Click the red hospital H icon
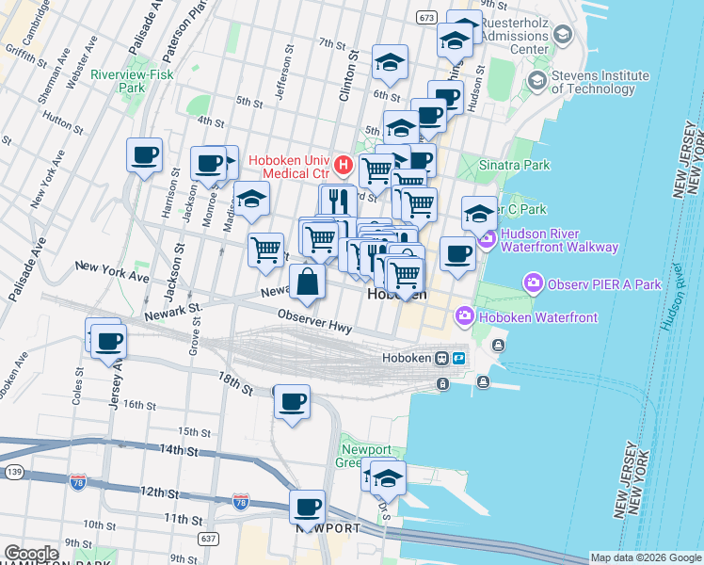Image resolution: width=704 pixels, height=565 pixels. point(344,167)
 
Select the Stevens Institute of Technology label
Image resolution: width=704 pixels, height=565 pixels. point(600,82)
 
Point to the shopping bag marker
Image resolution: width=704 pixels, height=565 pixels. point(308,281)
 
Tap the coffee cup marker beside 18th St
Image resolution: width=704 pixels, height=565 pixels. point(292,403)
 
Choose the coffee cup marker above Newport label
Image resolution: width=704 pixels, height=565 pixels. point(307,508)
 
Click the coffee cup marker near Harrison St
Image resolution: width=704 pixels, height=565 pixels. point(144,155)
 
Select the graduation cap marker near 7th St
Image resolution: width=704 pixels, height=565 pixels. point(390,62)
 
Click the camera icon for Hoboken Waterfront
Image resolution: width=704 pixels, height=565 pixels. point(464,317)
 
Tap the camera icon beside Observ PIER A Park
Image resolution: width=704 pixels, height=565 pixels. point(534,282)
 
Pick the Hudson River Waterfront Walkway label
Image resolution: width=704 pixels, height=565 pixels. point(559,241)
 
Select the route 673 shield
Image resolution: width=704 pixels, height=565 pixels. point(426,18)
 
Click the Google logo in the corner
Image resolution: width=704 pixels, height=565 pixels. point(31,554)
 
